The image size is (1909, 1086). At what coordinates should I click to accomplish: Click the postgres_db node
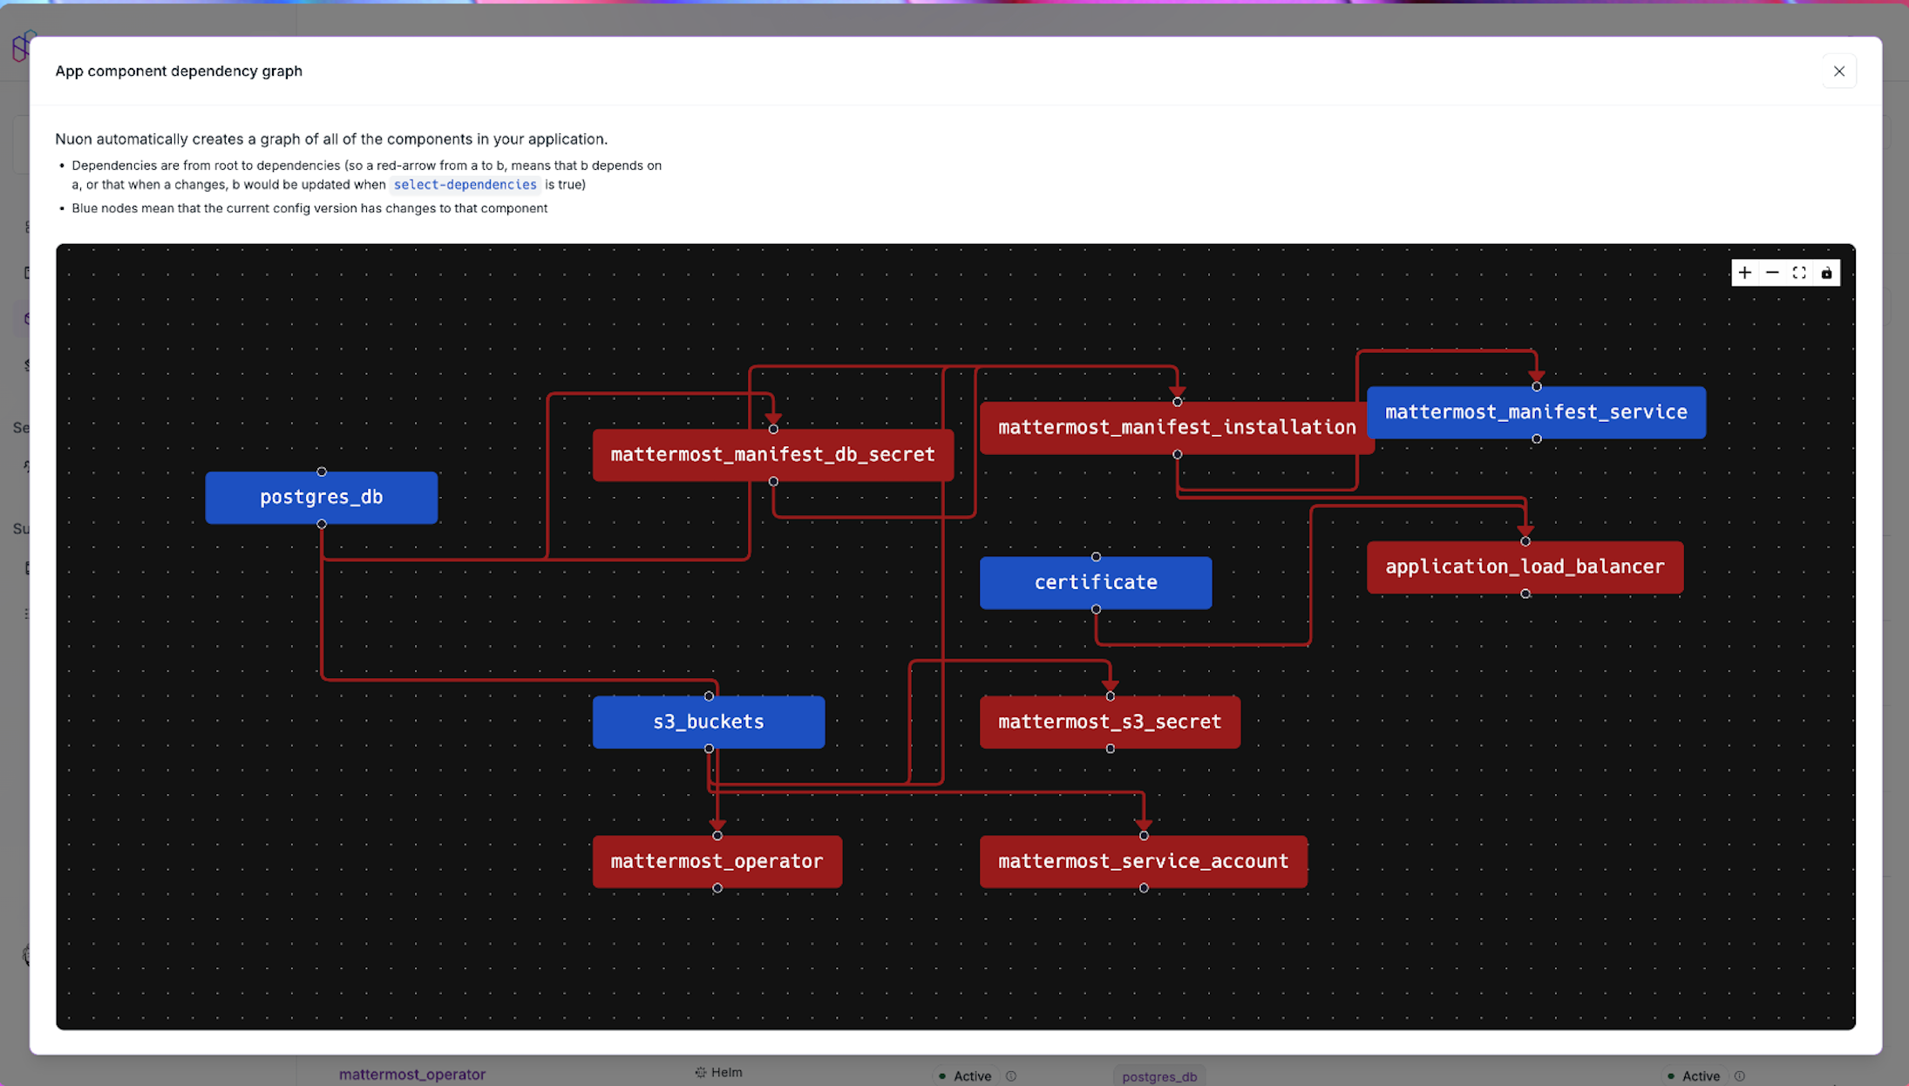pos(321,498)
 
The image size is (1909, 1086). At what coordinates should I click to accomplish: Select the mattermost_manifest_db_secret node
pos(772,455)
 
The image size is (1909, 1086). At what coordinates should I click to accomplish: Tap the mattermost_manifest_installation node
pos(1176,428)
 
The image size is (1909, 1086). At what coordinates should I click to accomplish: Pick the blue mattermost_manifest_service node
pos(1536,412)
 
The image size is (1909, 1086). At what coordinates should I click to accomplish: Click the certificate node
pos(1095,582)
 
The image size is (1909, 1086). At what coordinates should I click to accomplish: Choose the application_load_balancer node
pos(1524,567)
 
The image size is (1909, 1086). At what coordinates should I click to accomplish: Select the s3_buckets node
pos(708,722)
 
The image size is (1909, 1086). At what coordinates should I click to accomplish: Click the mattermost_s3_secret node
pos(1109,722)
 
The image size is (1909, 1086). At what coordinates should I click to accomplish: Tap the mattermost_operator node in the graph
pos(717,861)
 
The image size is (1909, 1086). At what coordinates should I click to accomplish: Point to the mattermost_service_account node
pos(1143,861)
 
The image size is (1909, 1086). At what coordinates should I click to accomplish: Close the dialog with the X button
pos(1838,71)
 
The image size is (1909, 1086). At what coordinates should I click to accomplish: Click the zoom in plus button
pos(1744,273)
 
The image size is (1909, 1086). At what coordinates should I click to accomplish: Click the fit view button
pos(1798,273)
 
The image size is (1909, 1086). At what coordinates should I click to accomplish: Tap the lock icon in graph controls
pos(1826,273)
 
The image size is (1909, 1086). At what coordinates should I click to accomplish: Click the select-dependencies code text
pos(465,185)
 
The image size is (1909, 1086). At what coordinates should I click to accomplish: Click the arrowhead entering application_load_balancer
pos(1525,529)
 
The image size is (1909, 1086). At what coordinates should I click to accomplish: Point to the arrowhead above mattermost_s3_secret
pos(1110,685)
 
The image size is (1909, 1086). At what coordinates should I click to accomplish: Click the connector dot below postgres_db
pos(322,525)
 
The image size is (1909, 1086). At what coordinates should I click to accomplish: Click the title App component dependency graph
pos(179,71)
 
